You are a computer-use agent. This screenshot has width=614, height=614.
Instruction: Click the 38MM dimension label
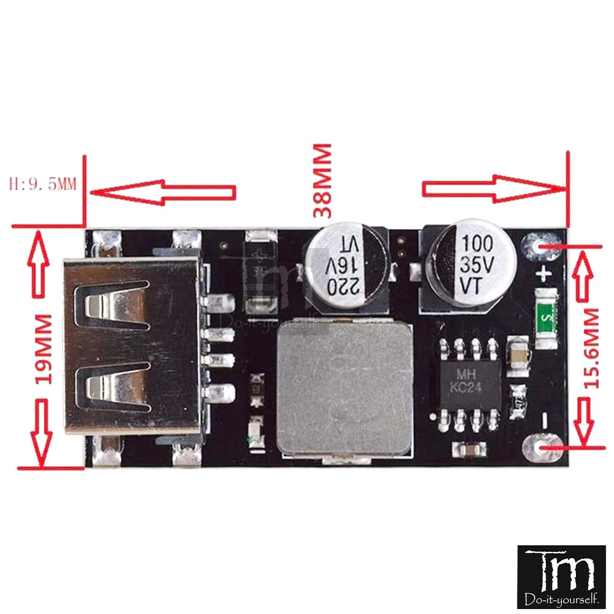point(322,181)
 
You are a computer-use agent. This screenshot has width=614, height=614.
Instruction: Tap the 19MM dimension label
point(44,349)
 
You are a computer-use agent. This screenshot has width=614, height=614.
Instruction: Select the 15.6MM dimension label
point(591,349)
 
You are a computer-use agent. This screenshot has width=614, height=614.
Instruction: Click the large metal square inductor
point(344,386)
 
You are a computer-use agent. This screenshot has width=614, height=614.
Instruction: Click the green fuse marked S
point(546,318)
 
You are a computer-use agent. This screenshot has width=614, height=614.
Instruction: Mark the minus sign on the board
point(543,421)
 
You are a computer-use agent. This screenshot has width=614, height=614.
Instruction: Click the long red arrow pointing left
point(163,192)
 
